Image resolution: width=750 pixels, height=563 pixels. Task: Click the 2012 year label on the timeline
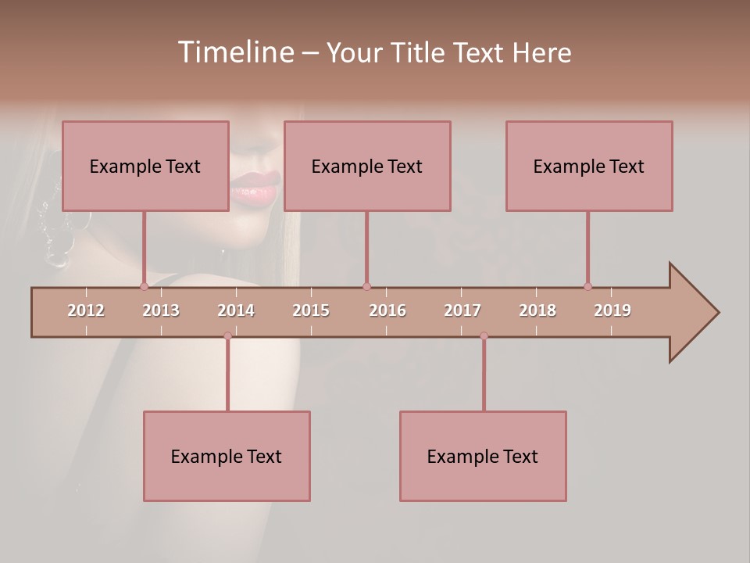tap(86, 310)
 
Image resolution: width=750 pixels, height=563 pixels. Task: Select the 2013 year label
tap(161, 310)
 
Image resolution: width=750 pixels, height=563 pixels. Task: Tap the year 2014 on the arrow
tap(236, 310)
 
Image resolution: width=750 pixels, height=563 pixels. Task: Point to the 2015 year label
tap(311, 310)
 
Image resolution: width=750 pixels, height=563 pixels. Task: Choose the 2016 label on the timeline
tap(387, 310)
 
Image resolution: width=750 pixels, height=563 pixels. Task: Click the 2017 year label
tap(462, 310)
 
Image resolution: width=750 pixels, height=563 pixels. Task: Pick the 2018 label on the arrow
tap(537, 310)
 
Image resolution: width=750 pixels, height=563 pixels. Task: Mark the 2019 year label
tap(612, 310)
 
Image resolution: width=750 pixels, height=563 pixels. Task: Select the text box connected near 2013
tap(145, 166)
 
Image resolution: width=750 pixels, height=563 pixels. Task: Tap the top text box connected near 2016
tap(367, 166)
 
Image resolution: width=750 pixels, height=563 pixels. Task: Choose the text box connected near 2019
tap(589, 166)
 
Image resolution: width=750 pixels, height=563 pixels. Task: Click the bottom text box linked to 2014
tap(227, 456)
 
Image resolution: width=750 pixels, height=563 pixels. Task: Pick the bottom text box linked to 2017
tap(483, 456)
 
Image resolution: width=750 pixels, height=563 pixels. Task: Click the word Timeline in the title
tap(234, 52)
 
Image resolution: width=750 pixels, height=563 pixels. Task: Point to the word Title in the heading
tap(421, 52)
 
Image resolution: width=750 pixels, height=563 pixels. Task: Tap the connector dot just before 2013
tap(144, 286)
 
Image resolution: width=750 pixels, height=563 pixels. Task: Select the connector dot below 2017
tap(484, 336)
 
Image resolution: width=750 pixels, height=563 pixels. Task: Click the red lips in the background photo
tap(254, 188)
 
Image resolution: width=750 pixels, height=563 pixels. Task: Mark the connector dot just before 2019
tap(587, 286)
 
